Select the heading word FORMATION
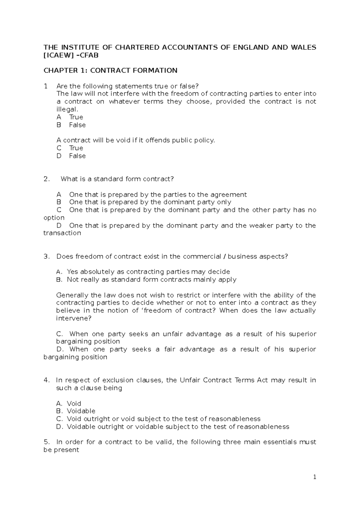point(158,70)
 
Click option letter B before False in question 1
point(59,125)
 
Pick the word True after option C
point(76,148)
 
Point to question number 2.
point(46,179)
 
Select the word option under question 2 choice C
point(54,218)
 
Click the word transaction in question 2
point(62,233)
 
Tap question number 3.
point(46,256)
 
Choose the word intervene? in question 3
point(73,318)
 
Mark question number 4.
point(46,380)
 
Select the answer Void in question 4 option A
point(74,403)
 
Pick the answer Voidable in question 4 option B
point(81,411)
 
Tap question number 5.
point(46,442)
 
